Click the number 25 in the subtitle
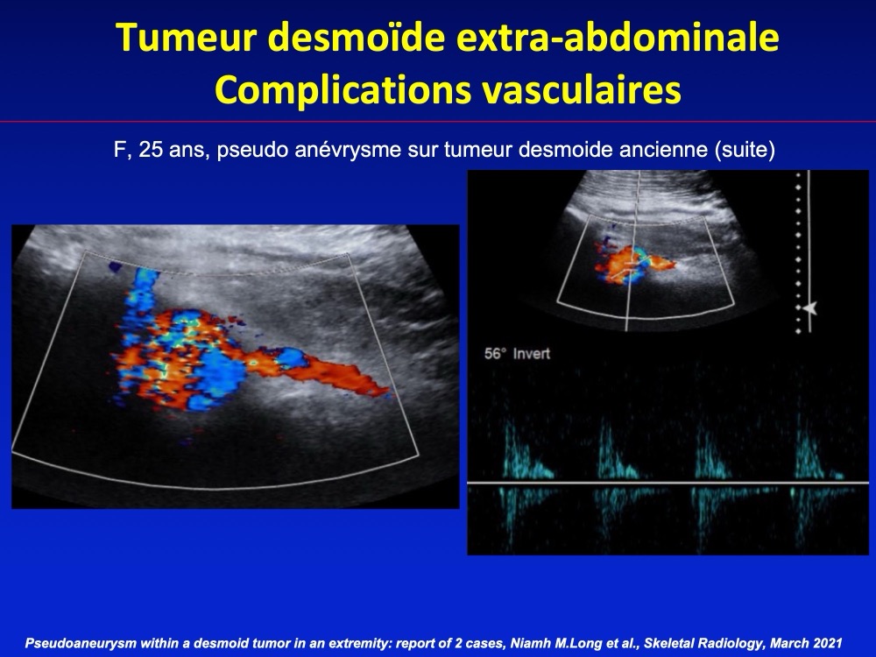pos(151,150)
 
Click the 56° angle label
pos(496,354)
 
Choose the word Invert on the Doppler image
pos(532,354)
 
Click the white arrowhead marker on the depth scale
pos(810,307)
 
